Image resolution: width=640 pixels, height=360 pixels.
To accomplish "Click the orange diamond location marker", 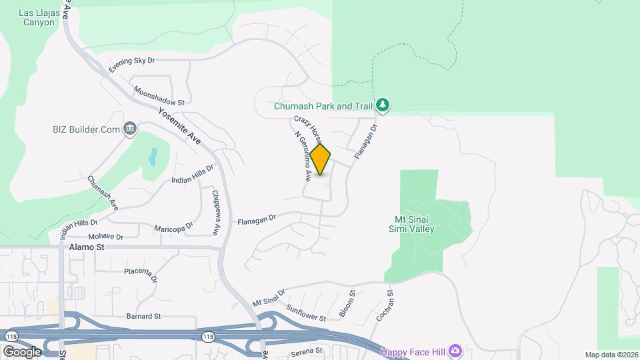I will tap(321, 160).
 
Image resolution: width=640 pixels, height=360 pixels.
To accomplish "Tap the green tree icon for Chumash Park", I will tap(383, 105).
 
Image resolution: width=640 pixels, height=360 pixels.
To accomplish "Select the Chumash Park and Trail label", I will tap(323, 106).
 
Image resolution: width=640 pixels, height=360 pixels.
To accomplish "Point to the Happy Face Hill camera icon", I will tap(455, 351).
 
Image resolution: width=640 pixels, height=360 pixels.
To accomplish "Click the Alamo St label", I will tap(87, 247).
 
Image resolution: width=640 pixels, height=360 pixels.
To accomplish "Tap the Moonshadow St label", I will tap(159, 95).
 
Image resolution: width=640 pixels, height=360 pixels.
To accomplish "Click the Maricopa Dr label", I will tap(173, 228).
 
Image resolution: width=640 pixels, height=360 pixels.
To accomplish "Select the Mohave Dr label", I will tap(106, 237).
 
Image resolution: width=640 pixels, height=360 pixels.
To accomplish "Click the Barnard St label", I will tap(144, 316).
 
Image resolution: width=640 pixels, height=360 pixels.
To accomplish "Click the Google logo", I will tap(22, 351).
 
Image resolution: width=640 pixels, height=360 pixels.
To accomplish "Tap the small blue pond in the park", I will tap(153, 157).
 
